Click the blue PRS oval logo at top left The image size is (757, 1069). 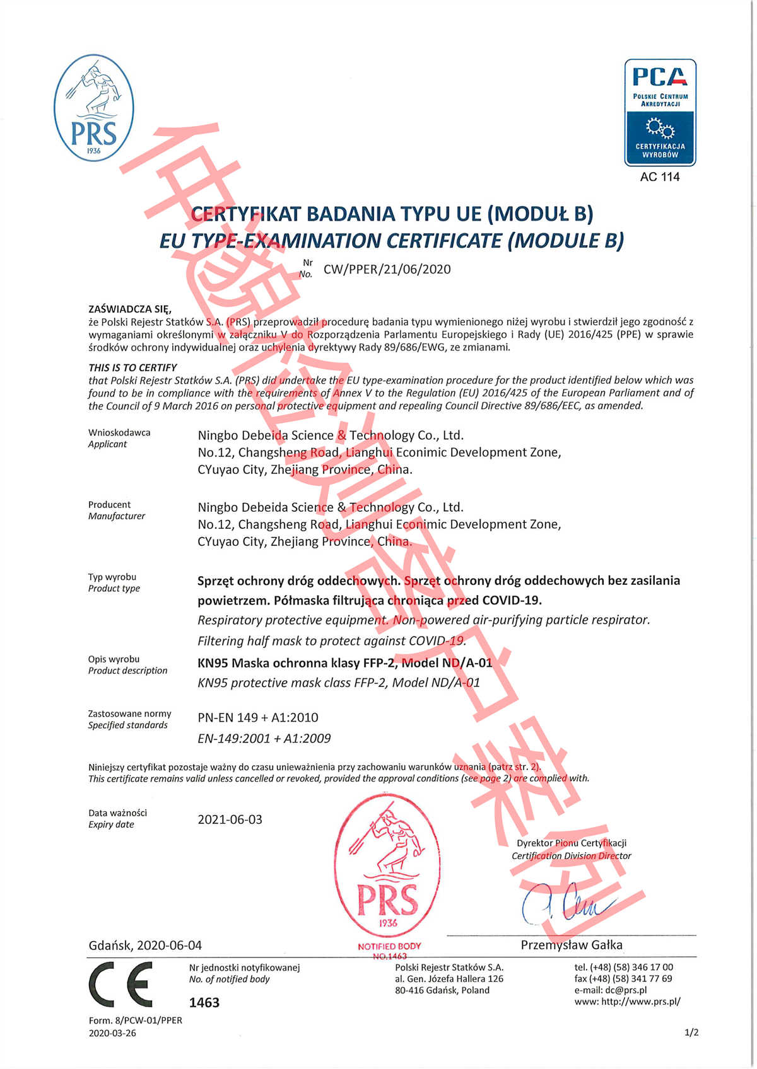point(93,108)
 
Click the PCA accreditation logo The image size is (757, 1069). point(660,112)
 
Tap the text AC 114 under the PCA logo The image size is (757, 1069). point(660,177)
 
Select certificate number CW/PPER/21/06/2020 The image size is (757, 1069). point(387,269)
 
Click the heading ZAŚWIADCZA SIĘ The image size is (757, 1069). point(129,309)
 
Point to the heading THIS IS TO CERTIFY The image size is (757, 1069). point(132,367)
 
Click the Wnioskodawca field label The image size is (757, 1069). point(119,432)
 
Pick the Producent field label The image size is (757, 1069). point(110,504)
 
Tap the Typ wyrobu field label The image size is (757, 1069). point(112,577)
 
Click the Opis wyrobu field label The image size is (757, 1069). point(114,659)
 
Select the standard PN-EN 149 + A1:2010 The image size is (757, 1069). point(257,717)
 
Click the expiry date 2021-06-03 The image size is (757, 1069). point(230,819)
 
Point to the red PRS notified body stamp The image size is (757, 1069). point(387,869)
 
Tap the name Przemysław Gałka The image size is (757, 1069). point(572,945)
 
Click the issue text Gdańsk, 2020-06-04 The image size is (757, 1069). point(145,945)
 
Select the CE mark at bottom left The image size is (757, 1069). point(120,984)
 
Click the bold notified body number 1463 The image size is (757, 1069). point(204,1002)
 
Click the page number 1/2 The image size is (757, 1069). point(691,1032)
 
